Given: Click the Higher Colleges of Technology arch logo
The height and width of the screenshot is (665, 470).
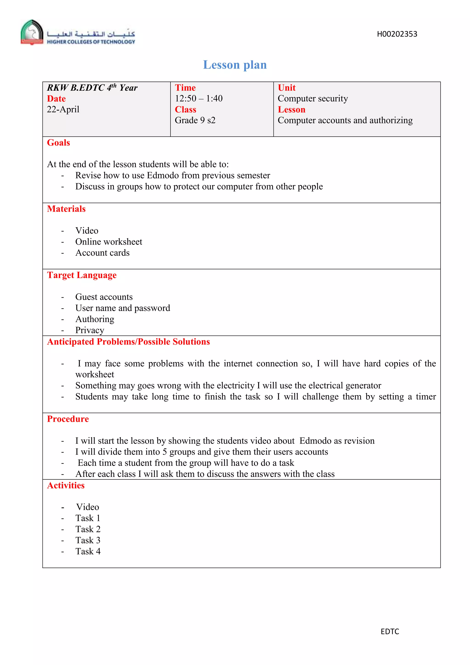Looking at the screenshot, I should point(32,32).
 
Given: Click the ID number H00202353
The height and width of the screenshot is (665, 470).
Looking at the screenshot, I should point(397,34).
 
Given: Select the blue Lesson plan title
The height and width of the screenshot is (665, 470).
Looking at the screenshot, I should point(235,65).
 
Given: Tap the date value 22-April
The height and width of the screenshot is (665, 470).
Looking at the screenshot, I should point(63,110).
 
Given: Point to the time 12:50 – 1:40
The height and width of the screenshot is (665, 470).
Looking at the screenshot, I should point(199,99).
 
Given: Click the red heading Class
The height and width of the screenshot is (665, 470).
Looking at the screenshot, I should point(185,110).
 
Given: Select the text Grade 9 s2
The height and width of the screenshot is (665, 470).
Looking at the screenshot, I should point(195,120).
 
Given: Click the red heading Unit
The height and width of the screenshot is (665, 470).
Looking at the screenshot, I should point(286,88).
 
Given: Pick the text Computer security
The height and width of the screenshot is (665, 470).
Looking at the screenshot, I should point(313,99).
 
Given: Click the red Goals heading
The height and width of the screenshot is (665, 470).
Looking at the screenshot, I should point(59,142).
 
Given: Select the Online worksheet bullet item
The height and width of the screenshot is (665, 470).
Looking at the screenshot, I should point(109,242).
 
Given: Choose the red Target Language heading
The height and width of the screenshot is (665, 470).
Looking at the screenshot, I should point(82,275).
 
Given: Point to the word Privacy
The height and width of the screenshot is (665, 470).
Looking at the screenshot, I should point(90,330).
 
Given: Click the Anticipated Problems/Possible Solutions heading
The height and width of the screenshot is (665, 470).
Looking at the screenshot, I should point(129,342).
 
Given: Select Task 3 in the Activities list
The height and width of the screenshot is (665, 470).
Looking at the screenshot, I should point(88,540).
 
